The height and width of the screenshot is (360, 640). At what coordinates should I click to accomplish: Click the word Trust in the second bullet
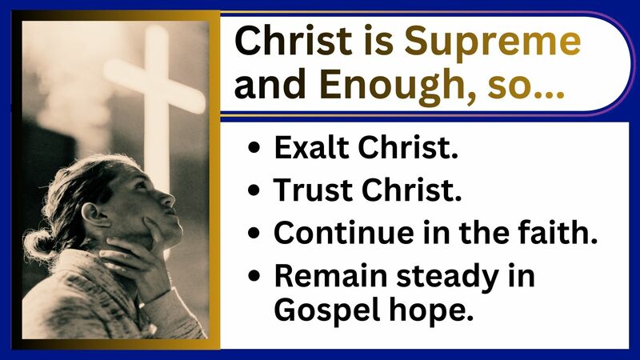pos(308,191)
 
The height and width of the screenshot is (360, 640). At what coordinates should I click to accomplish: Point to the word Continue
pos(340,232)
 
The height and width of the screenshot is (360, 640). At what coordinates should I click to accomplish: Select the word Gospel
pos(322,310)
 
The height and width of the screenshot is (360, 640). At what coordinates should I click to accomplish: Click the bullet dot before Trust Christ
pos(254,192)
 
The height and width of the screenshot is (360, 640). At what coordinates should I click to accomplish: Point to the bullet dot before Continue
pos(254,233)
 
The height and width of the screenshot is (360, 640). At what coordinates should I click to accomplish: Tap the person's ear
pos(95,213)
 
